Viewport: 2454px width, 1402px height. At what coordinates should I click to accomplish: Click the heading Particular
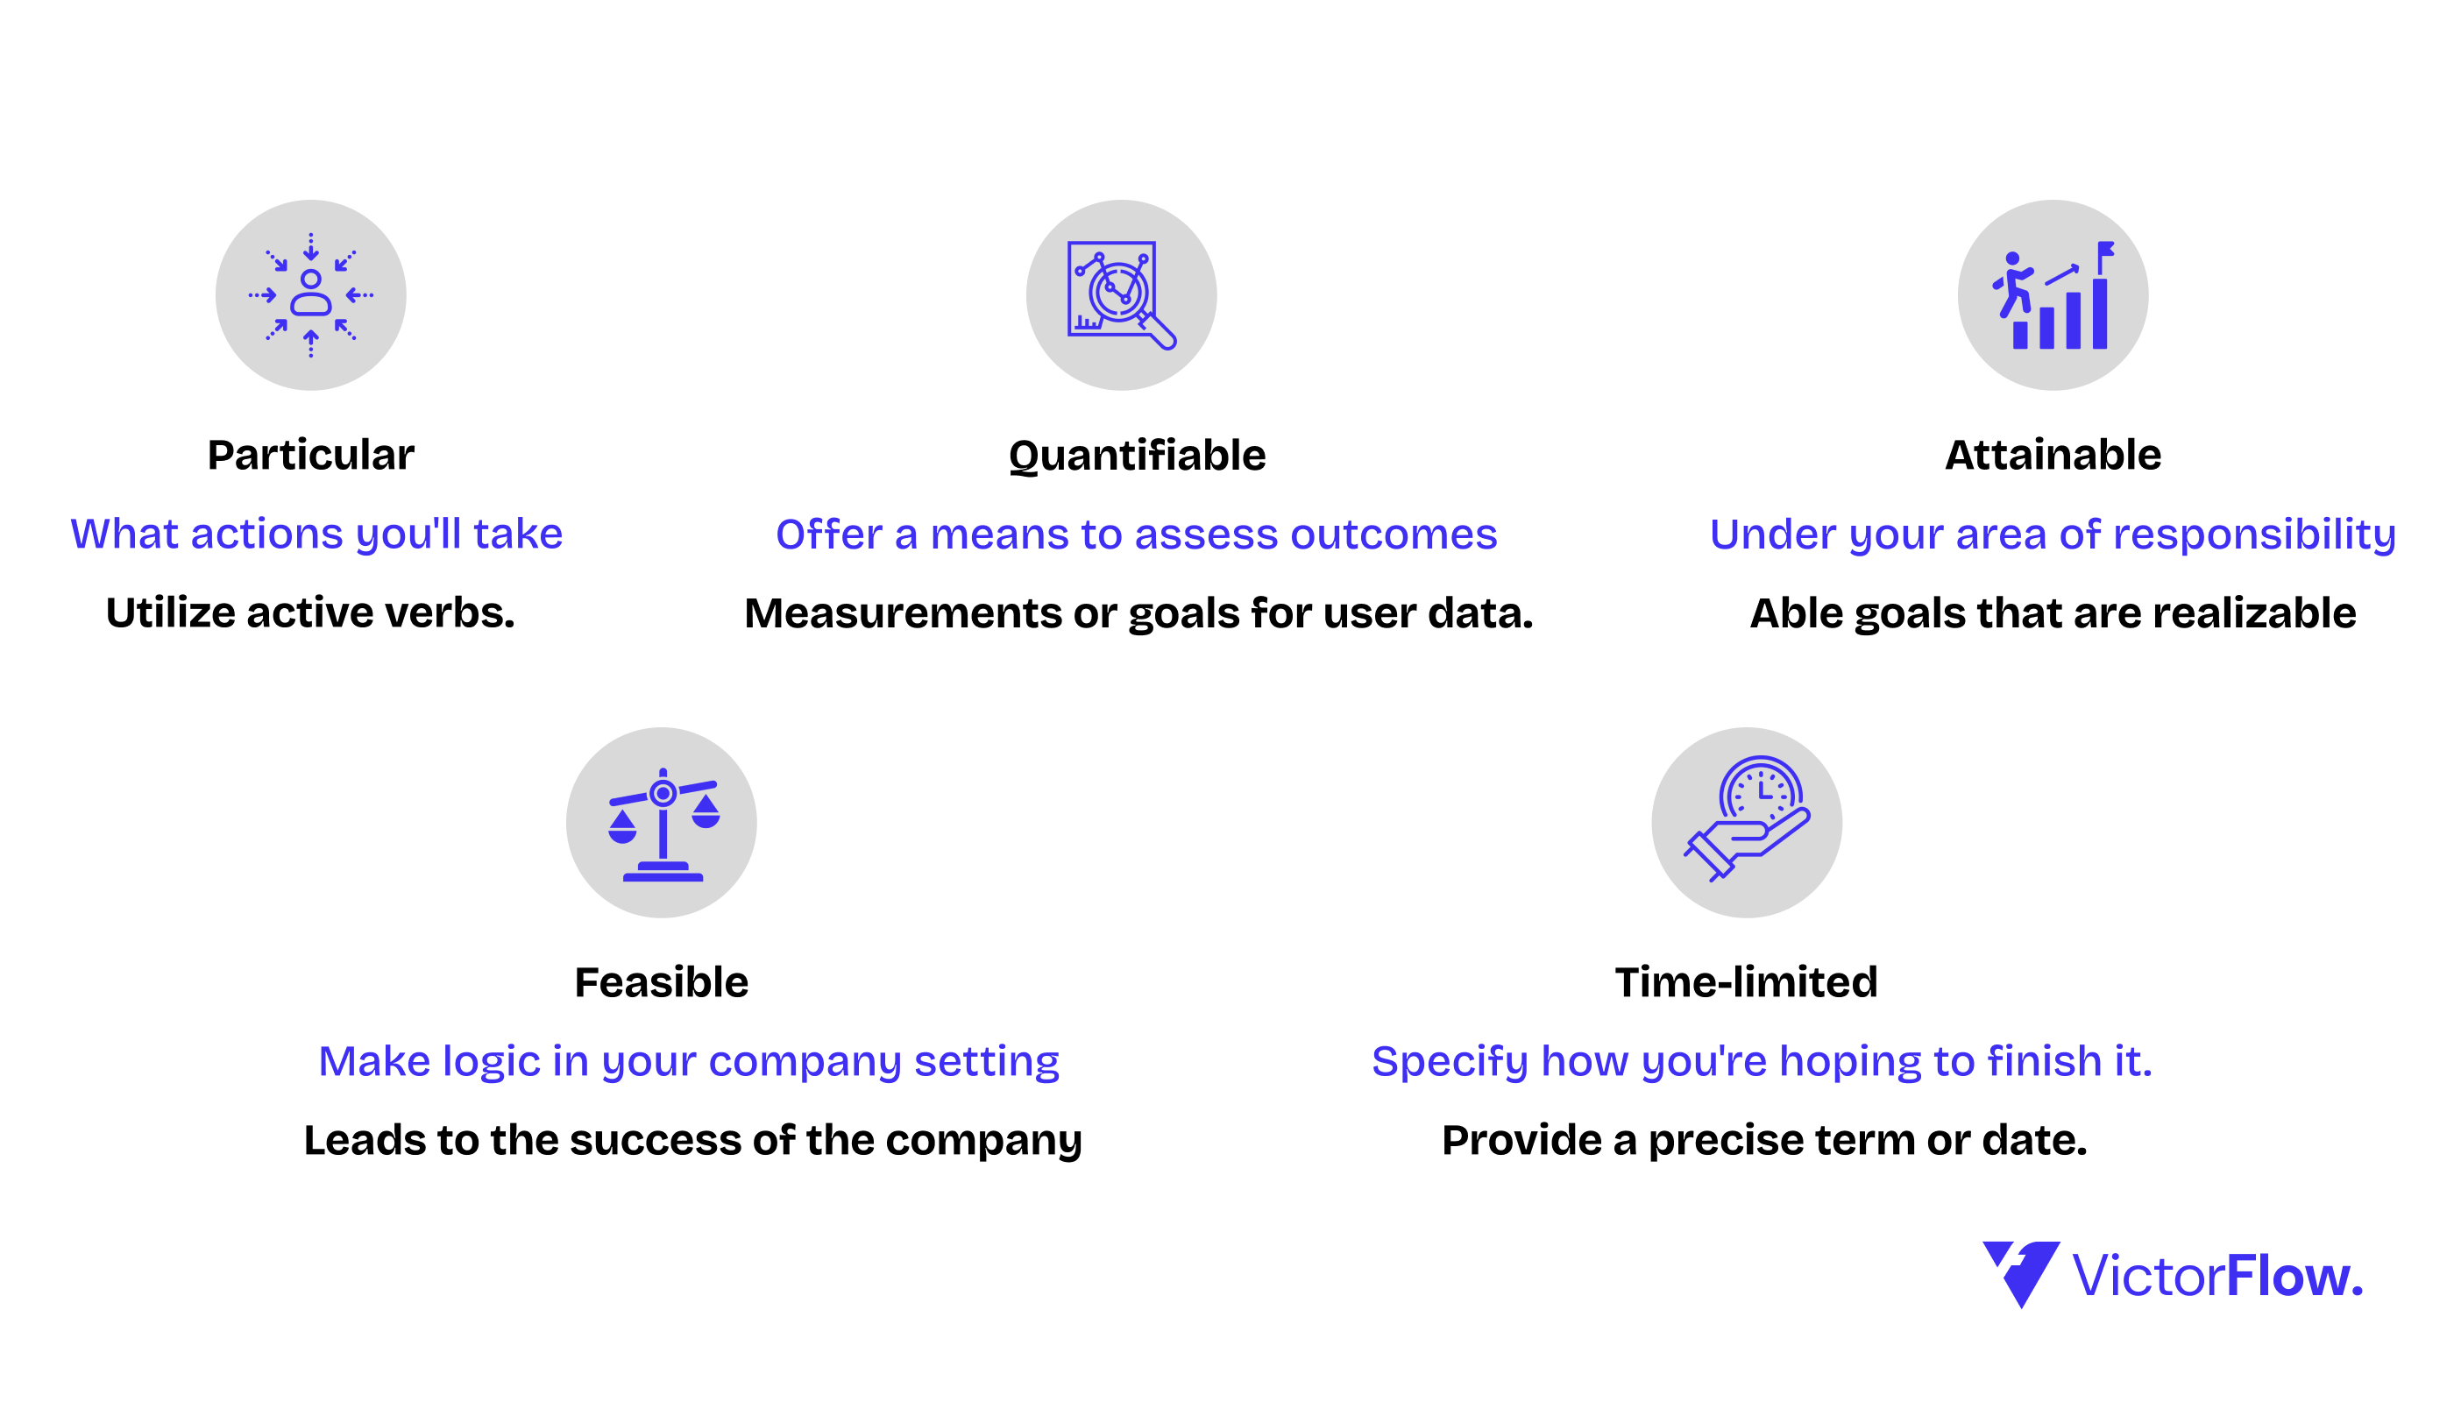tap(311, 455)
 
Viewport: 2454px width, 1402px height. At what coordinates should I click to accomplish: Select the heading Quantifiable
tap(1138, 457)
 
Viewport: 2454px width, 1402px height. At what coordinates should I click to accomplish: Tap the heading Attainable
tap(2053, 455)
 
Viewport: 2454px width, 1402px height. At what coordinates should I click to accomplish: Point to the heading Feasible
tap(662, 982)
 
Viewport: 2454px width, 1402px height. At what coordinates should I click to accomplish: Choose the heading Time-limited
tap(1746, 982)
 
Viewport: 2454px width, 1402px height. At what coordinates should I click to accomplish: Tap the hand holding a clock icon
tap(1747, 818)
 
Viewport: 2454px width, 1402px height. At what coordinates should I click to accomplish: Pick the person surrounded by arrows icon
tap(311, 294)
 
